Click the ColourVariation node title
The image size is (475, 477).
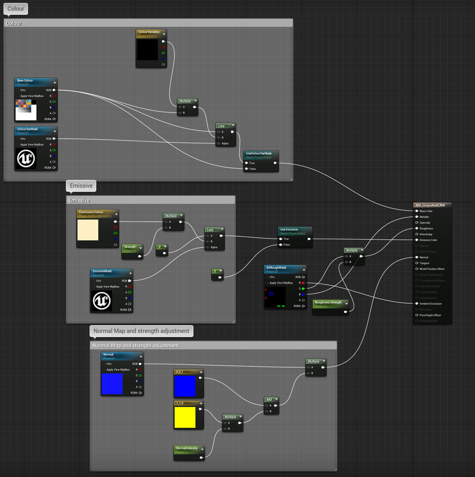149,32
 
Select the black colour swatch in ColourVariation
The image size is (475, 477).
147,49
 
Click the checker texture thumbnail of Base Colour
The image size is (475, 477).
26,110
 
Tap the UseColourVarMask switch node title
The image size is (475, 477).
259,153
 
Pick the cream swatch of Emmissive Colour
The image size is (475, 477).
88,230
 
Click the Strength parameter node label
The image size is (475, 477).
130,247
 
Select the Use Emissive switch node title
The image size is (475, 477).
289,229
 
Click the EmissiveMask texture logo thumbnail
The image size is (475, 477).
101,301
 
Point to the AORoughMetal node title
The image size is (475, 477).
276,268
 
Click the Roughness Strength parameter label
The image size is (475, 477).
328,302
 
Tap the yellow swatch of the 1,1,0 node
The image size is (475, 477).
185,417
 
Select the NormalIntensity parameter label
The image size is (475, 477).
187,448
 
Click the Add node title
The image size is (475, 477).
269,399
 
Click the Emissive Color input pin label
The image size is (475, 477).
428,240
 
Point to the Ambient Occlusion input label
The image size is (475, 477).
430,304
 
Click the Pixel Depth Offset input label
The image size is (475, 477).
430,315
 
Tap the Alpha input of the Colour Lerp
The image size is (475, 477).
225,143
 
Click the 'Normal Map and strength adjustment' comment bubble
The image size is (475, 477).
141,331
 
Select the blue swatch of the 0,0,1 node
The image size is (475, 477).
185,386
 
